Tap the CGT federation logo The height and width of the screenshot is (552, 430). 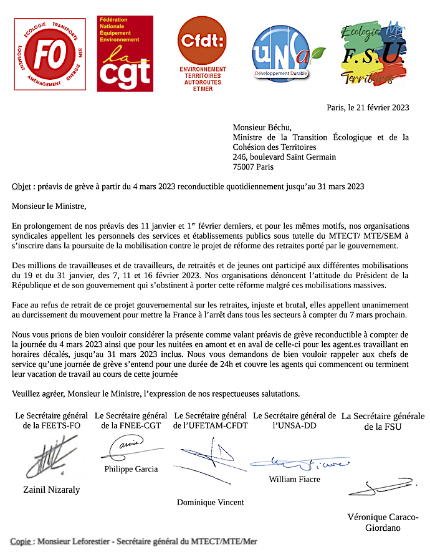coord(125,54)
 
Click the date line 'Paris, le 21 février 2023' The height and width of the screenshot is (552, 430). coord(368,107)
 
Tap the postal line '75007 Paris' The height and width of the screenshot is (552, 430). coord(253,167)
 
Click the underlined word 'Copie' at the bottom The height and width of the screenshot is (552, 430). coord(22,541)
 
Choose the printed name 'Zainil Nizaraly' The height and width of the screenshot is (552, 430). coord(51,490)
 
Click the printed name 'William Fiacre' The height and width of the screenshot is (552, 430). coord(294,479)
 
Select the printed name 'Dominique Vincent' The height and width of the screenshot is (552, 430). coord(211,502)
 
